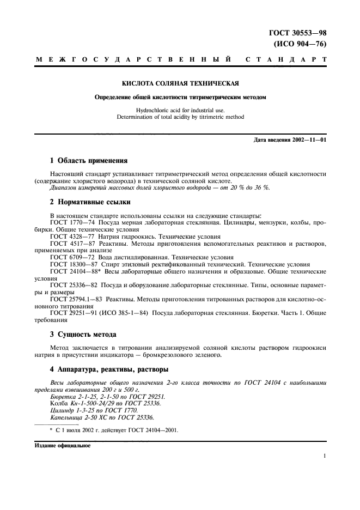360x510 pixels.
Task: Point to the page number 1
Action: tap(325, 458)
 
